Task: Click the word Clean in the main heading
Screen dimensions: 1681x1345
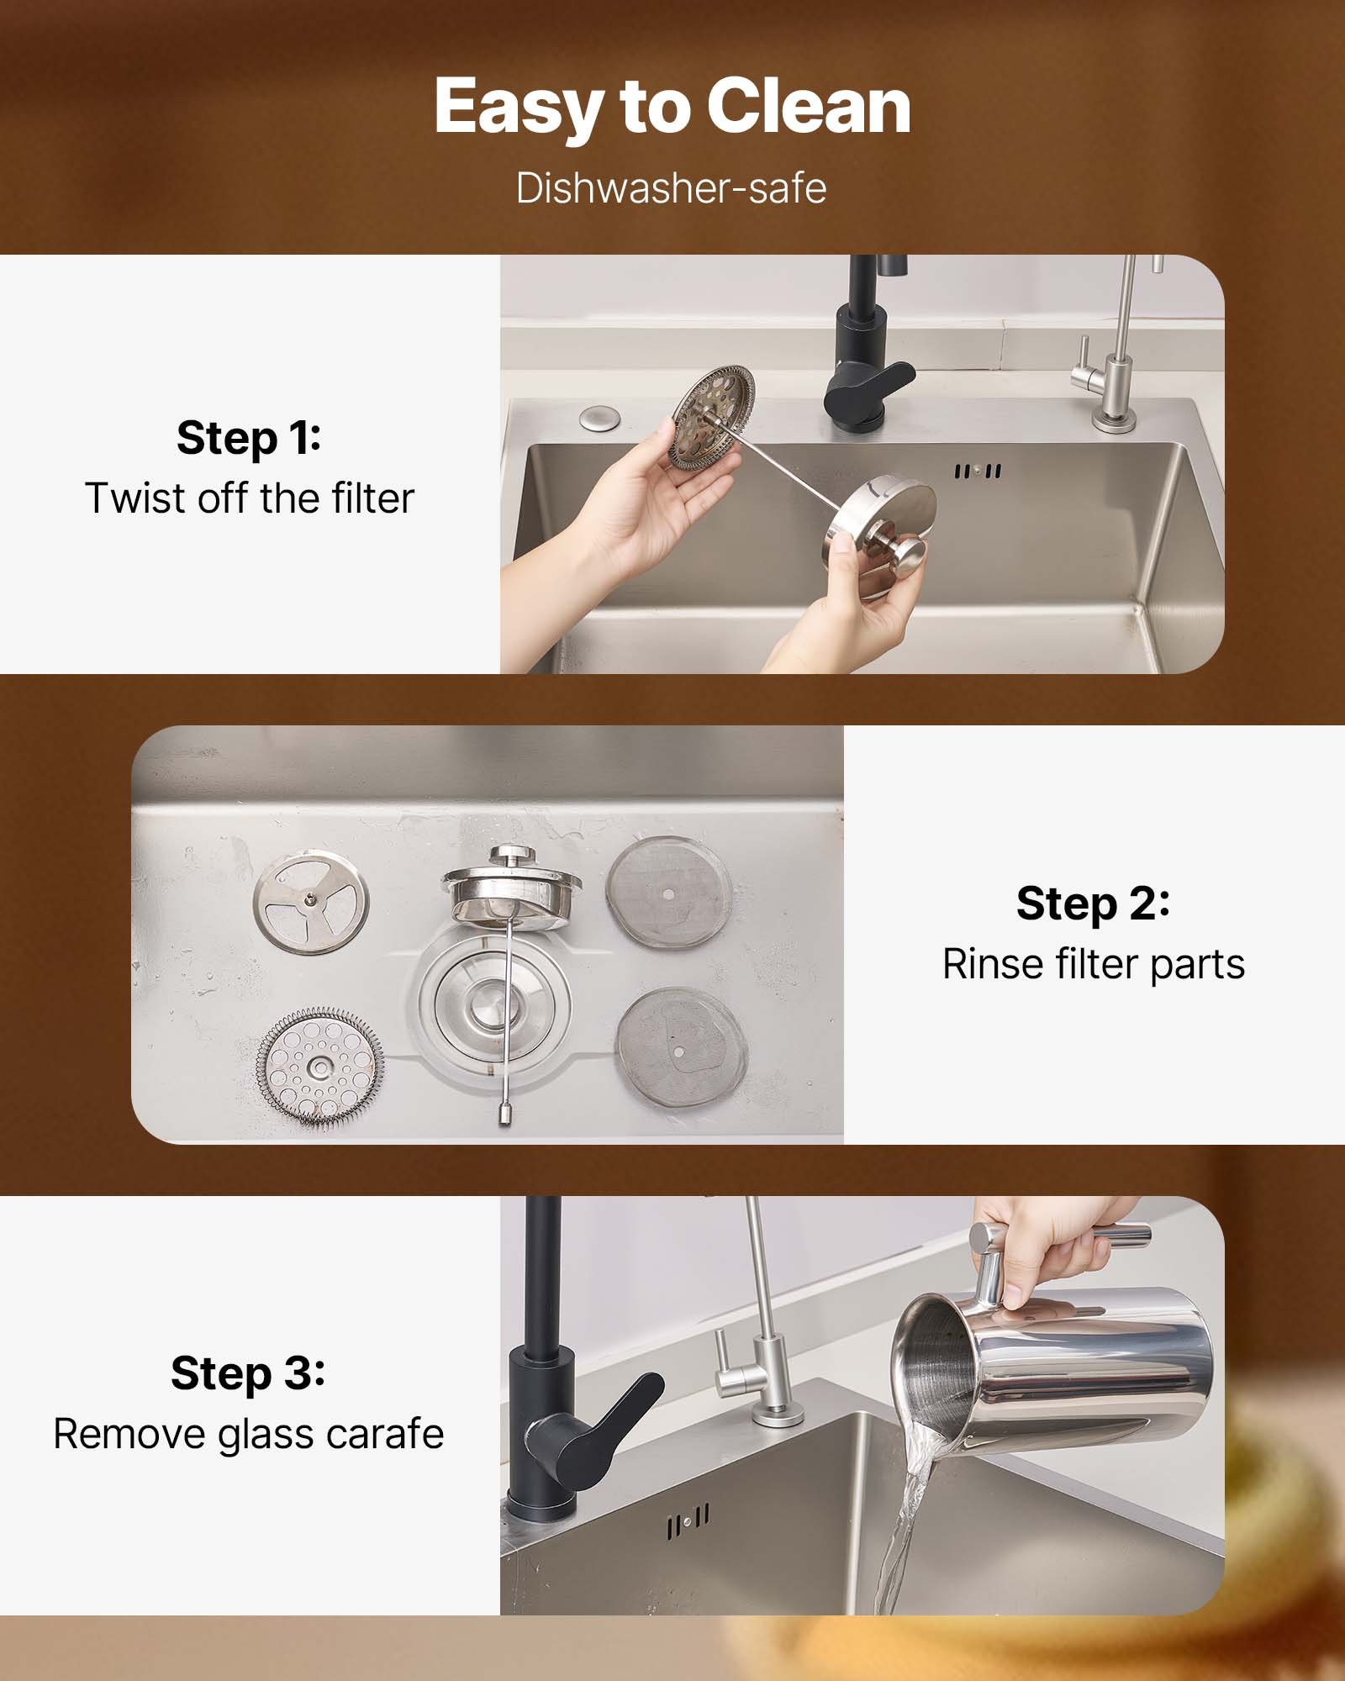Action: tap(808, 107)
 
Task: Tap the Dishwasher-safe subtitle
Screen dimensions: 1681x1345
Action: tap(671, 187)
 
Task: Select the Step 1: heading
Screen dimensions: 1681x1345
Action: tap(249, 438)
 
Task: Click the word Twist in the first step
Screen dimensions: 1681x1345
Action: tap(134, 498)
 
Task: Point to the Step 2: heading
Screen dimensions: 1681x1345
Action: tap(1092, 904)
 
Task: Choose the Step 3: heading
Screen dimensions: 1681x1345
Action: tap(248, 1373)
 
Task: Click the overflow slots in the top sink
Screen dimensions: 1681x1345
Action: tap(977, 472)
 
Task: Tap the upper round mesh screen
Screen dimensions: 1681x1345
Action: tap(668, 892)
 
